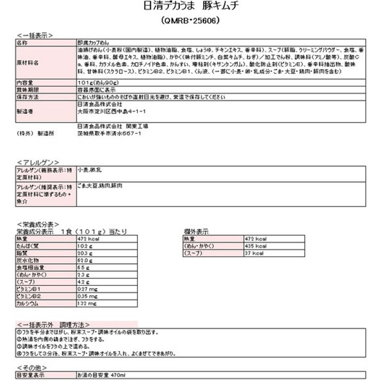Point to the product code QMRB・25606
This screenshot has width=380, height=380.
(190, 21)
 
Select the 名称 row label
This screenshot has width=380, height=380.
(23, 42)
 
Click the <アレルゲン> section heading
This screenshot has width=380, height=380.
(38, 161)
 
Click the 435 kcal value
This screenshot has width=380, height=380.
(256, 247)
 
